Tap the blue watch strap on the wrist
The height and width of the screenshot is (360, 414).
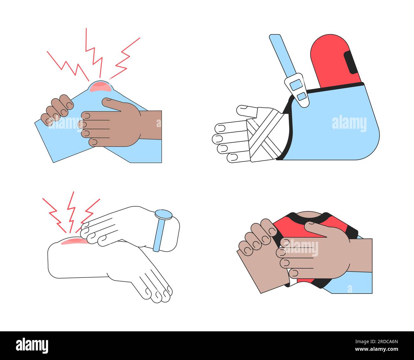click(x=159, y=235)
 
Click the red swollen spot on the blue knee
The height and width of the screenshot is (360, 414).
click(x=101, y=86)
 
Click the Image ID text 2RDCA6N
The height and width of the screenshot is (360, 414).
click(x=376, y=342)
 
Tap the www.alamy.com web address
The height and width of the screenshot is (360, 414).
click(x=376, y=349)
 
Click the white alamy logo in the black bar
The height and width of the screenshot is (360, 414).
click(x=32, y=345)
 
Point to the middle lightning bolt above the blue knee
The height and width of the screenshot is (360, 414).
click(x=94, y=53)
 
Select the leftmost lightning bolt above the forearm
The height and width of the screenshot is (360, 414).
click(x=54, y=215)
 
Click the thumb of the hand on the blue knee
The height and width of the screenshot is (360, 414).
click(x=112, y=104)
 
